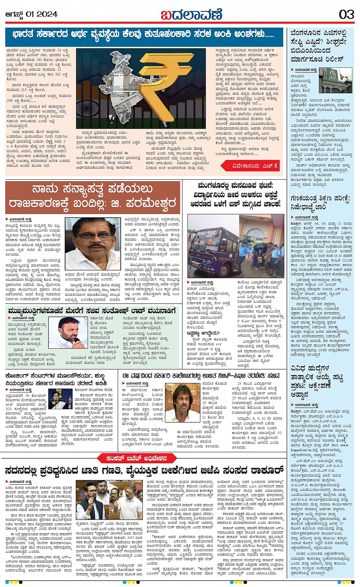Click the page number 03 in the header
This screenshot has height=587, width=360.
click(346, 14)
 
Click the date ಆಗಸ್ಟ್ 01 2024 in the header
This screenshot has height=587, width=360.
click(31, 14)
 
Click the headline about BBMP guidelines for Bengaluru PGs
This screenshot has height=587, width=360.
click(319, 46)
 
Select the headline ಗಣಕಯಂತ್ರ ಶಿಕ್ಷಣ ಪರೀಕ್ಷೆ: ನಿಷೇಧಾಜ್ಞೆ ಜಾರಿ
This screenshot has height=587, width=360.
click(319, 203)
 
